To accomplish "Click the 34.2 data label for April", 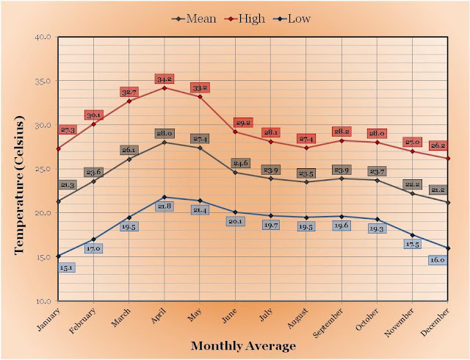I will pos(164,78).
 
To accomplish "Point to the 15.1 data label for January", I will pos(65,267).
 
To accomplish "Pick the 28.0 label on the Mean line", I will pos(164,133).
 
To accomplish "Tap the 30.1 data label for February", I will pos(93,115).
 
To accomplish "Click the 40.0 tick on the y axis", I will pos(42,37).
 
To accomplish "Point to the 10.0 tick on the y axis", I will pos(42,301).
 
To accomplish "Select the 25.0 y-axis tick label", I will pos(42,169).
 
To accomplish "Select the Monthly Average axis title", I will pos(243,345).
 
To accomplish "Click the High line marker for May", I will pos(199,96).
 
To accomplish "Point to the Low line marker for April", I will pos(164,197).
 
